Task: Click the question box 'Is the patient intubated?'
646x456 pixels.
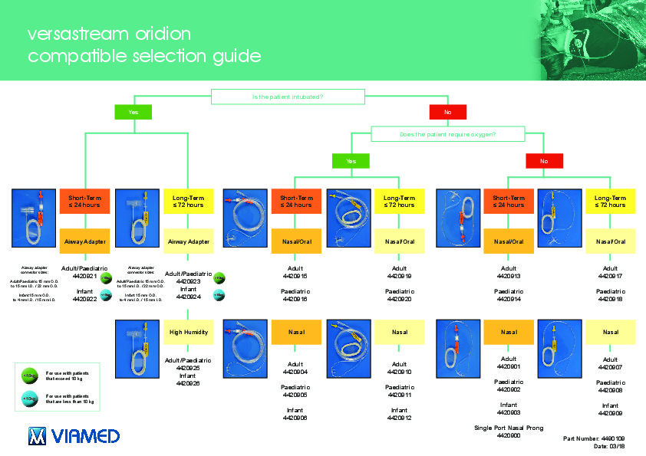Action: pos(288,97)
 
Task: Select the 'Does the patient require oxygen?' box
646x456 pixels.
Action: pos(447,134)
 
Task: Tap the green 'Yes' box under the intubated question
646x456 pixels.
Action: pos(133,112)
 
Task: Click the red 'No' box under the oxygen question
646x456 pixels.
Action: pos(544,161)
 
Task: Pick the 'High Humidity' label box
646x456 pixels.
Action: pos(189,332)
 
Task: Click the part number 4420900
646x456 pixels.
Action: pos(509,435)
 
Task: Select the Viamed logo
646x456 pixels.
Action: pos(74,436)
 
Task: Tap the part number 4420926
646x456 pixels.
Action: pos(189,383)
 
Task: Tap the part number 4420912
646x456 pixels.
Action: pos(400,418)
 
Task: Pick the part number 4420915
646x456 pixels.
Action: pos(295,276)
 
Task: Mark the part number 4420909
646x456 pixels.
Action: pos(611,413)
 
